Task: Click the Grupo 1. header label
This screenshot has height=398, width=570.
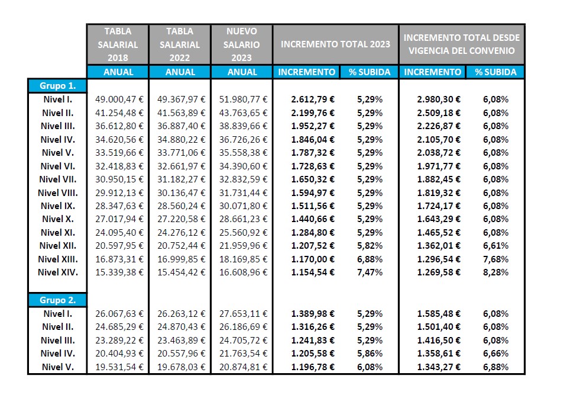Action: coord(57,85)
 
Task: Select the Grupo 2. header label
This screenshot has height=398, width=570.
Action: coord(57,300)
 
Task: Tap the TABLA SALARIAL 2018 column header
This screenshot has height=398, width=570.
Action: coord(118,44)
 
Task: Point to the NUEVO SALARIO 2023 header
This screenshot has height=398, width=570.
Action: coord(241,44)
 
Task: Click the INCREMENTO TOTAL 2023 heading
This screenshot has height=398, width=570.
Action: coord(335,44)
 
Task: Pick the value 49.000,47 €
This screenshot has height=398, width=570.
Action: coord(119,99)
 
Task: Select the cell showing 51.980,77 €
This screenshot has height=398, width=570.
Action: coord(243,99)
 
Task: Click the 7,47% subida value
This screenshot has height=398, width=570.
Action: coord(370,272)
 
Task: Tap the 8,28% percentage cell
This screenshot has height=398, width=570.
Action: coord(495,272)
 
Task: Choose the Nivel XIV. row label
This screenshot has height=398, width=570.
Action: coord(58,272)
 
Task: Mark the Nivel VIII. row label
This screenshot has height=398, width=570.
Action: coord(58,192)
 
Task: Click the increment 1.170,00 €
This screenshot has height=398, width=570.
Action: coord(313,259)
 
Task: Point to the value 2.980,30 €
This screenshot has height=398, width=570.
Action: coord(439,99)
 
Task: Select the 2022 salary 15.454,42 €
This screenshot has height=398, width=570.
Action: coord(181,272)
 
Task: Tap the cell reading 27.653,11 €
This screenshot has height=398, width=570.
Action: coord(243,313)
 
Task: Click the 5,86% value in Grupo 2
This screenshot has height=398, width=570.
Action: coord(370,353)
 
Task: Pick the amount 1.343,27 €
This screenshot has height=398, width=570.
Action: coord(439,367)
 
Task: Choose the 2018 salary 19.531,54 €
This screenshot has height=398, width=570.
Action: coord(119,367)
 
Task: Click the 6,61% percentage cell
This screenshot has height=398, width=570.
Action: coord(495,246)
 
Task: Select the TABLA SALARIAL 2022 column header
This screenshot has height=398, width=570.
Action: coord(180,44)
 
